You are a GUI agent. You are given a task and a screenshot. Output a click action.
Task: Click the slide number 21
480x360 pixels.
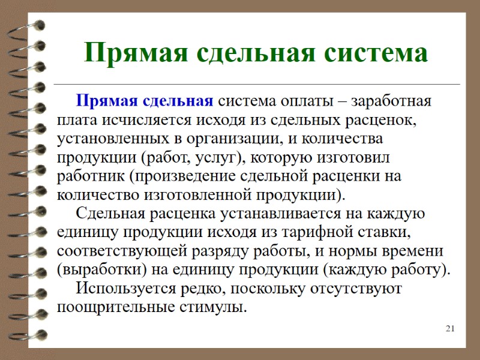tap(451, 328)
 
